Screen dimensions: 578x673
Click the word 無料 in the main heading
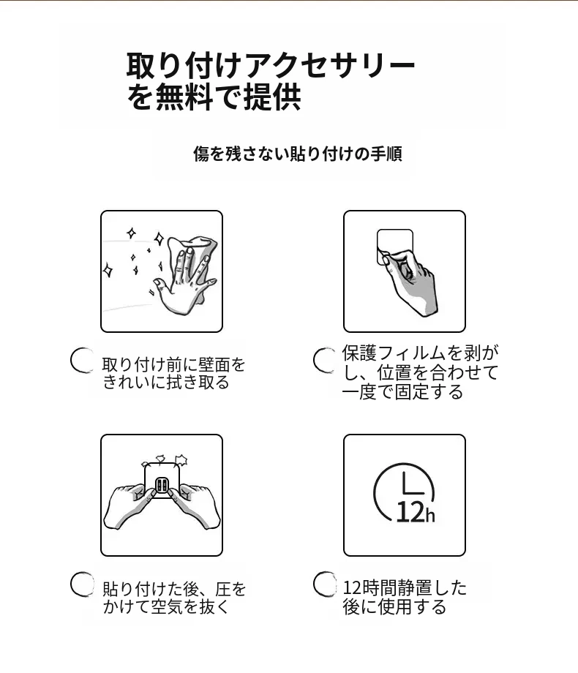click(x=184, y=97)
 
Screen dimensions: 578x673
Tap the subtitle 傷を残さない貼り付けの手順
click(x=298, y=154)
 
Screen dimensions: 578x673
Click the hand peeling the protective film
click(x=410, y=281)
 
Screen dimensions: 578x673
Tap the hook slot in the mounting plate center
click(x=162, y=486)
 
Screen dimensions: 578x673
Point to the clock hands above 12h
click(x=412, y=484)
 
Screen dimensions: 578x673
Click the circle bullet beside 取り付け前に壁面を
click(x=82, y=360)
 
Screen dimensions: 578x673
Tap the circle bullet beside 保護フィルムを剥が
click(x=325, y=360)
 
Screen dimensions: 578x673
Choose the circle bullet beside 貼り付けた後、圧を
click(x=82, y=584)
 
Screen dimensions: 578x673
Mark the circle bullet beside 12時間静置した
click(x=325, y=584)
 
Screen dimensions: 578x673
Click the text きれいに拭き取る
click(x=166, y=382)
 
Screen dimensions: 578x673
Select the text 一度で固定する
click(x=402, y=392)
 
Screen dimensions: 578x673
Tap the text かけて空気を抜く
click(x=166, y=606)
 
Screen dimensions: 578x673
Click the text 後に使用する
click(x=394, y=606)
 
